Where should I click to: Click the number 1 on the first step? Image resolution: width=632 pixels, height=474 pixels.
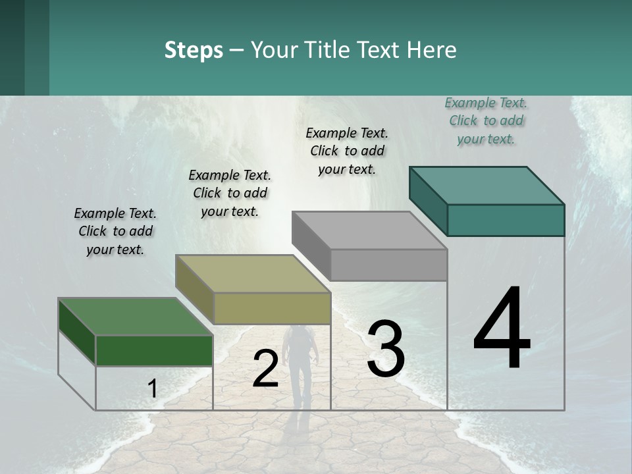pyautogui.click(x=153, y=389)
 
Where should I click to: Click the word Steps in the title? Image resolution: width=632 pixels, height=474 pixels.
pyautogui.click(x=194, y=50)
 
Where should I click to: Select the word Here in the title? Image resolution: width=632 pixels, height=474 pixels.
pyautogui.click(x=432, y=50)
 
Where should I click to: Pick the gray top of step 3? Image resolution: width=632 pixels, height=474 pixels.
pyautogui.click(x=369, y=230)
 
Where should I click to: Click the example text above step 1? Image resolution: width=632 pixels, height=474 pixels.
pyautogui.click(x=115, y=231)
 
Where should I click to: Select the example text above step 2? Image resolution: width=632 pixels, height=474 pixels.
pyautogui.click(x=230, y=193)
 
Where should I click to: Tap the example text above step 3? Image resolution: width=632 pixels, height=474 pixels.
pyautogui.click(x=347, y=151)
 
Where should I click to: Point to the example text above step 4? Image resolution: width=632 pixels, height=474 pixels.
pyautogui.click(x=486, y=120)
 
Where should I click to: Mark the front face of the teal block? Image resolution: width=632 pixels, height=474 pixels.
pyautogui.click(x=506, y=220)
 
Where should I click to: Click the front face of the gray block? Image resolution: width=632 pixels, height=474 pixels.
pyautogui.click(x=388, y=265)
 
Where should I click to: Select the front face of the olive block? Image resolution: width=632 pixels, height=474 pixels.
pyautogui.click(x=272, y=308)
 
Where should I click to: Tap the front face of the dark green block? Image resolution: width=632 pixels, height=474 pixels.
pyautogui.click(x=154, y=350)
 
